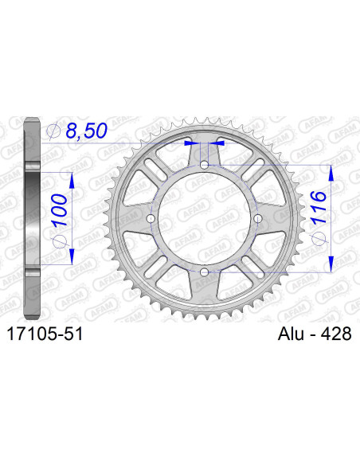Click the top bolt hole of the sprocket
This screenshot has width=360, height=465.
coord(205,165)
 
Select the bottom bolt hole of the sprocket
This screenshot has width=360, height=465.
coord(205,272)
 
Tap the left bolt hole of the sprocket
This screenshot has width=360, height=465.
coord(151,218)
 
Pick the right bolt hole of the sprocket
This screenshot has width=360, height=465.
coord(258,218)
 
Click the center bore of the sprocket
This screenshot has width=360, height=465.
coord(205,218)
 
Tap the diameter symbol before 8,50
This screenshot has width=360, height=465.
coord(54,130)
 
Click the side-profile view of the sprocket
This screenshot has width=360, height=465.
coord(32,218)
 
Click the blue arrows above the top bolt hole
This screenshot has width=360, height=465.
coord(205,143)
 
